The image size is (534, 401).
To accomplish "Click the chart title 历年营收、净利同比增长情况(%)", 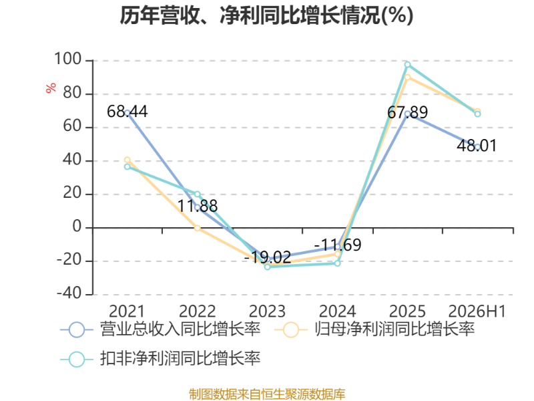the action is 266,15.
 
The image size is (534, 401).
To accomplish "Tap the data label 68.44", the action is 127,112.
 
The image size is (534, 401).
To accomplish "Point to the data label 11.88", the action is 198,206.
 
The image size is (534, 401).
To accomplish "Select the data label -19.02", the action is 268,257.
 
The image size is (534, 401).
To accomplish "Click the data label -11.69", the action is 338,245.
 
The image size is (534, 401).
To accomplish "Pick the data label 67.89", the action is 408,112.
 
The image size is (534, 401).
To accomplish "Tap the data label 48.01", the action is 477,146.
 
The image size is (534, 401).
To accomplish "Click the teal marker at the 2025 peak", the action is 408,64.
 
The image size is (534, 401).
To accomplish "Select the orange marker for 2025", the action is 408,78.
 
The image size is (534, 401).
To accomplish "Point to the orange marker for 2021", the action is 127,160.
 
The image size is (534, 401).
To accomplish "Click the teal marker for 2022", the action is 198,194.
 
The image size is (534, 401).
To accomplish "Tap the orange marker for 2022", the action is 198,228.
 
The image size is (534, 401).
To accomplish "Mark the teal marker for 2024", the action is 338,263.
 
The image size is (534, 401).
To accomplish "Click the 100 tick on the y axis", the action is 68,59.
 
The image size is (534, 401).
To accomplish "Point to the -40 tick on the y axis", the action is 69,293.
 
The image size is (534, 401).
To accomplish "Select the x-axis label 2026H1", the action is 477,311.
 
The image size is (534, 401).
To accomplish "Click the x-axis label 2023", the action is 268,311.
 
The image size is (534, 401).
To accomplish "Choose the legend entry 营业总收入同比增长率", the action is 160,329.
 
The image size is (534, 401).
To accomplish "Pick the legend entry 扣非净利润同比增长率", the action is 160,359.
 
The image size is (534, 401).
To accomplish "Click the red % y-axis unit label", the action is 51,88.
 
